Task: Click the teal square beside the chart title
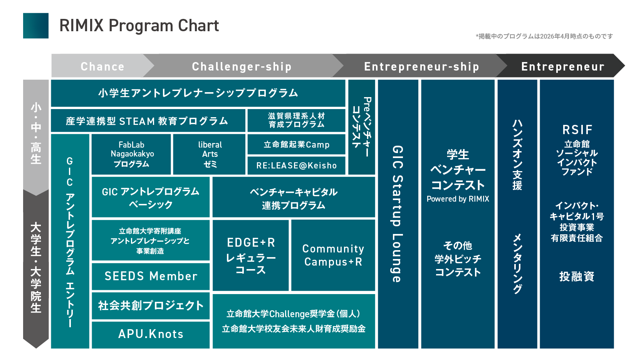pyautogui.click(x=36, y=26)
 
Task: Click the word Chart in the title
pyautogui.click(x=198, y=25)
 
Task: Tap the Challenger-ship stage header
pyautogui.click(x=242, y=66)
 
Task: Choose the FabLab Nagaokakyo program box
pyautogui.click(x=131, y=154)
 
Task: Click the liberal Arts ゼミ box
pyautogui.click(x=210, y=154)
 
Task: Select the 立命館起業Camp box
pyautogui.click(x=297, y=144)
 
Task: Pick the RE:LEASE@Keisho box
pyautogui.click(x=297, y=165)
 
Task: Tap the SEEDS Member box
pyautogui.click(x=151, y=276)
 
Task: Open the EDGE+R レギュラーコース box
pyautogui.click(x=251, y=255)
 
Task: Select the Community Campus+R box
pyautogui.click(x=333, y=255)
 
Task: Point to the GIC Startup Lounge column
pyautogui.click(x=398, y=214)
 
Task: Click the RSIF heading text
pyautogui.click(x=577, y=130)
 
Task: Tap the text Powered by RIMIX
pyautogui.click(x=458, y=199)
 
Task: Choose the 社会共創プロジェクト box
pyautogui.click(x=151, y=306)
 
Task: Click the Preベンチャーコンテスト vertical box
pyautogui.click(x=362, y=127)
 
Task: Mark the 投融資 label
pyautogui.click(x=577, y=276)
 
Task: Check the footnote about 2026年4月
pyautogui.click(x=544, y=36)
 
